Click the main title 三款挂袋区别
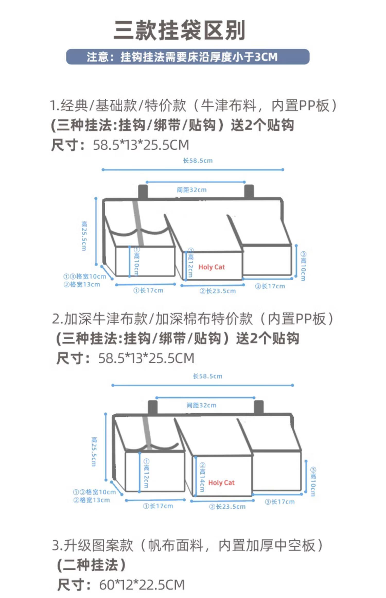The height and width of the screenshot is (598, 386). tap(179, 30)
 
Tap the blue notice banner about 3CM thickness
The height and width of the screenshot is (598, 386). tap(188, 57)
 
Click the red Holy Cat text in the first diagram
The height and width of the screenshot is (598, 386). tap(212, 267)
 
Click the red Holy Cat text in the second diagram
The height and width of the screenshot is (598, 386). tap(221, 483)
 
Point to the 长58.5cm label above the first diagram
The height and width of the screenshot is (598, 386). tap(198, 161)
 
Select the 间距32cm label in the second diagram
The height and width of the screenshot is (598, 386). tap(201, 405)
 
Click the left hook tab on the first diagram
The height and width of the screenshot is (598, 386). tap(143, 191)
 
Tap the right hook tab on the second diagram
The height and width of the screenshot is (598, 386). tap(259, 407)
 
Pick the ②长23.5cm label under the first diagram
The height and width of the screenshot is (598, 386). tap(218, 291)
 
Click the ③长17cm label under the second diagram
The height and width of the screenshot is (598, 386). tap(280, 502)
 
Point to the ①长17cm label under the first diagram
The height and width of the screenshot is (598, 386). tap(148, 291)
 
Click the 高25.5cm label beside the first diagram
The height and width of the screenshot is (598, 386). tap(84, 236)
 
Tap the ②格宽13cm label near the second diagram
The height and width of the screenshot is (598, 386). tap(92, 500)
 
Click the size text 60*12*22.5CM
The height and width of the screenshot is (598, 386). tap(142, 585)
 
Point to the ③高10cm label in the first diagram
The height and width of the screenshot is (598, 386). tap(303, 266)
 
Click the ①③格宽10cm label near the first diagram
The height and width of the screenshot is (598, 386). tap(85, 277)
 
